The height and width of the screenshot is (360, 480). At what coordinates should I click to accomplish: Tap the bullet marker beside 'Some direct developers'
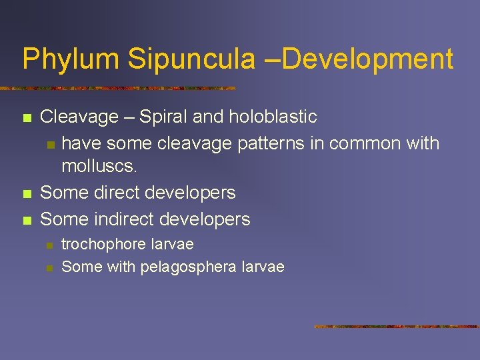(x=27, y=194)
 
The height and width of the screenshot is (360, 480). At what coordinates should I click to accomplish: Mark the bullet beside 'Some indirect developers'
(x=27, y=220)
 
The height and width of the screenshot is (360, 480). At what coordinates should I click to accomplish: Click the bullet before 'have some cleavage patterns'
(x=49, y=144)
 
